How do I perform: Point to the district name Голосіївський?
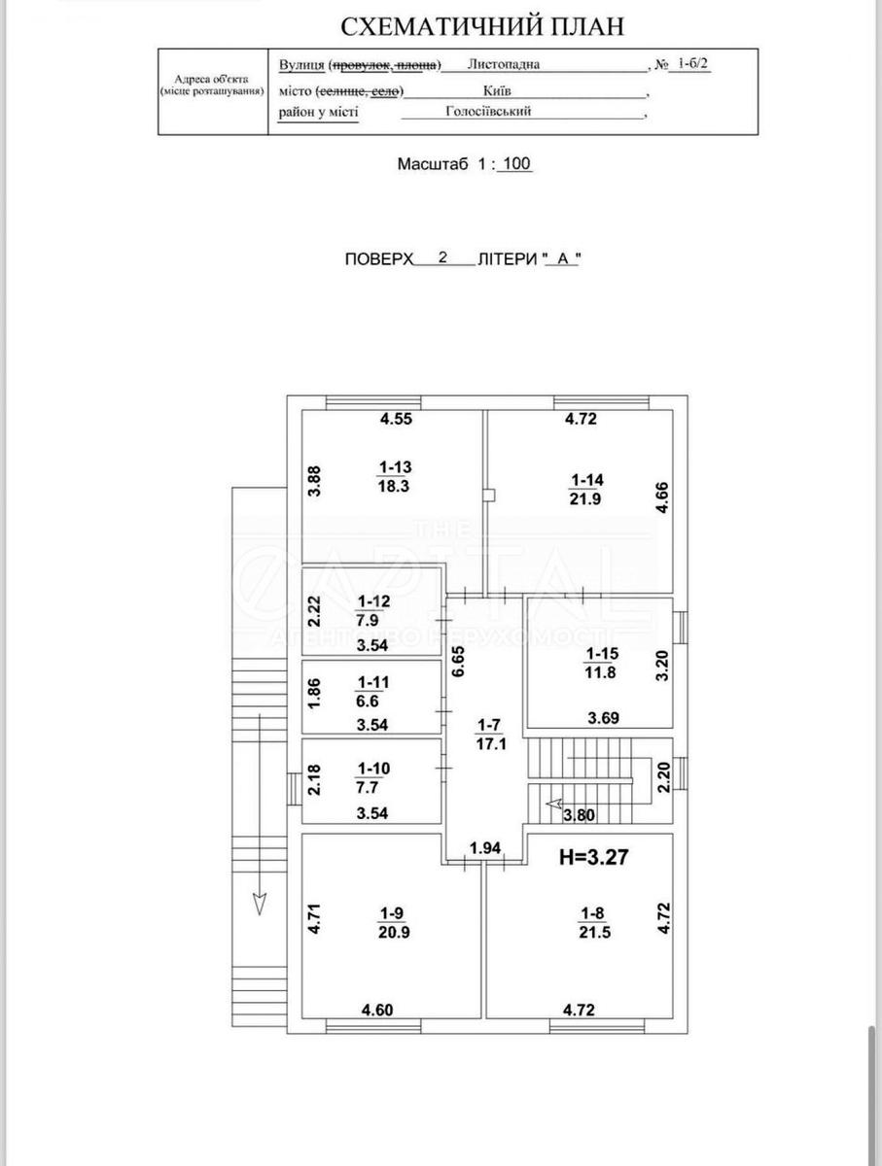[x=488, y=112]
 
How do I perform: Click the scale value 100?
[x=515, y=164]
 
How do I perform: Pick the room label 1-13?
[x=394, y=465]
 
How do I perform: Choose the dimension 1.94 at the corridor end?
[x=485, y=849]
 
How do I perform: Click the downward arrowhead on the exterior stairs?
[x=260, y=903]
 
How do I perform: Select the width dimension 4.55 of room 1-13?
[x=397, y=420]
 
